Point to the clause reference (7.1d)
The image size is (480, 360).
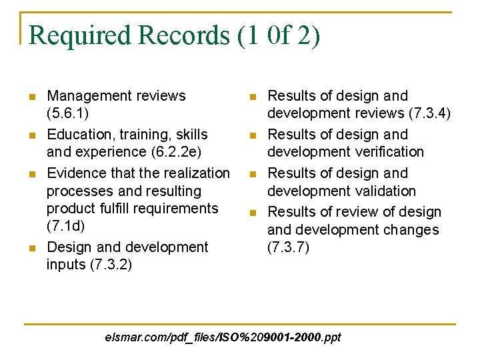65,227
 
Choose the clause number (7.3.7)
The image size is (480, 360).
288,248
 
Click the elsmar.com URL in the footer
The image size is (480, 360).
223,337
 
